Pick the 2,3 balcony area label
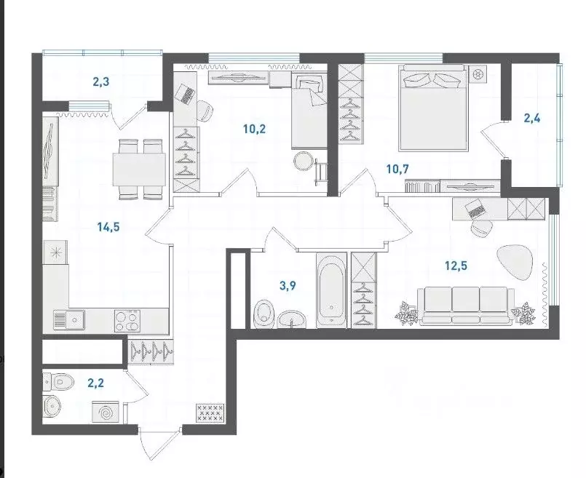(102, 81)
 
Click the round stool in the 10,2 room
(304, 160)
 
